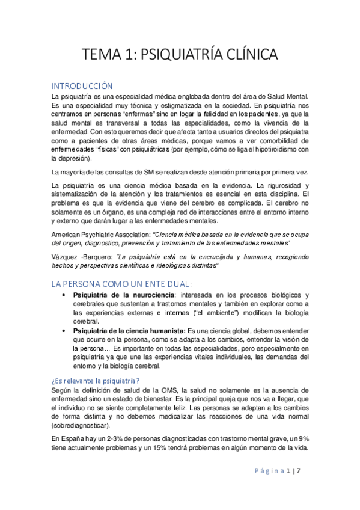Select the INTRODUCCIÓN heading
tap(82, 86)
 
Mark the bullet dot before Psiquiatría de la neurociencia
tap(64, 295)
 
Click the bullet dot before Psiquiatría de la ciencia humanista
tap(64, 331)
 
